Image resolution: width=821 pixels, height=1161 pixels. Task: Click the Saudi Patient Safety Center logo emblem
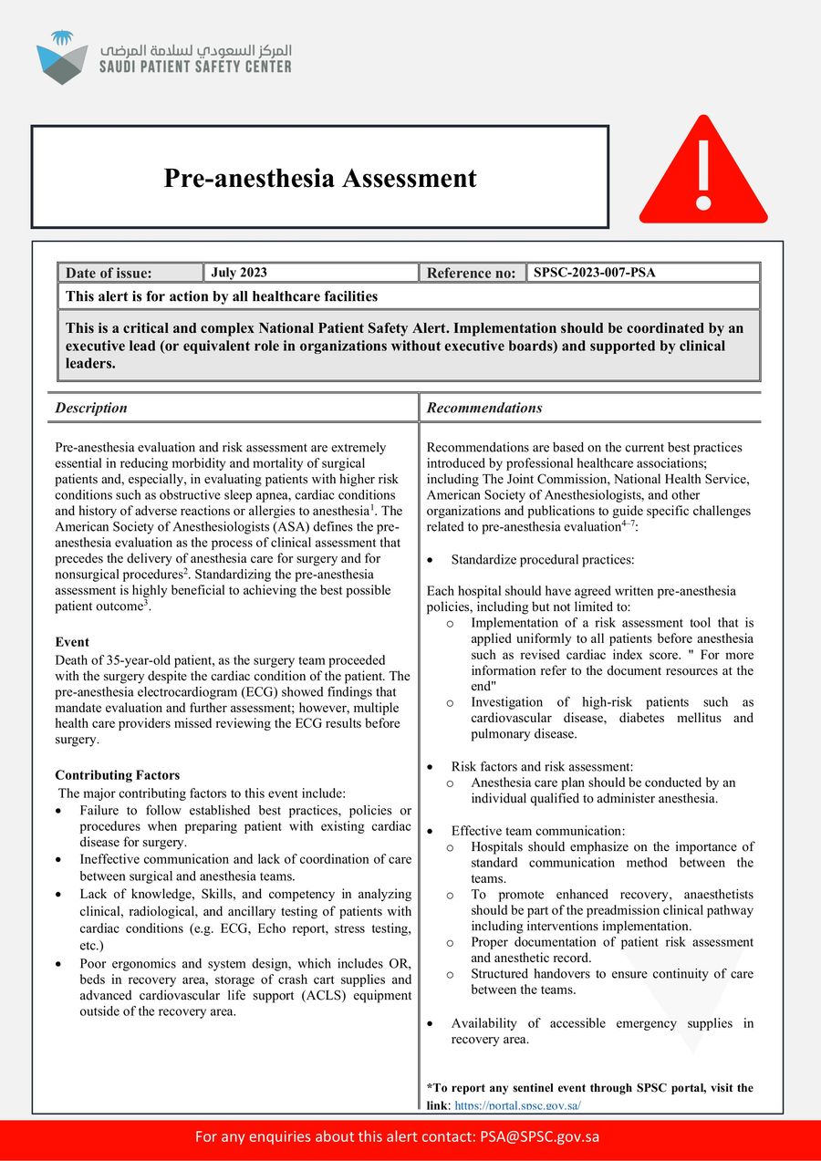pyautogui.click(x=62, y=57)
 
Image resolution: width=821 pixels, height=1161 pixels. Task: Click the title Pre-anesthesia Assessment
pyautogui.click(x=319, y=178)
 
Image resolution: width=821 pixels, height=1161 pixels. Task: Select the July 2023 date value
pyautogui.click(x=239, y=273)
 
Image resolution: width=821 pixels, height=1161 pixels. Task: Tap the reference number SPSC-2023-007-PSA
pyautogui.click(x=594, y=273)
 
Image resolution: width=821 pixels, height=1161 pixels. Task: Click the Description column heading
pyautogui.click(x=91, y=408)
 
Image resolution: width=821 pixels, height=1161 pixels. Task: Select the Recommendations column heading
pyautogui.click(x=484, y=408)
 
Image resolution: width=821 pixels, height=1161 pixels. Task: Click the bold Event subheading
pyautogui.click(x=72, y=642)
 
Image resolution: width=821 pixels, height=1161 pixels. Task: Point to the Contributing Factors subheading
pyautogui.click(x=117, y=775)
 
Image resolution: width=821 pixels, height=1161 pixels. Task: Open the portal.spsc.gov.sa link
pyautogui.click(x=517, y=1105)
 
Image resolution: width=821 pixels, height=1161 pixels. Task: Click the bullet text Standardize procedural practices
pyautogui.click(x=543, y=559)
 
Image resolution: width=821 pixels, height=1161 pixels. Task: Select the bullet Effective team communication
pyautogui.click(x=537, y=831)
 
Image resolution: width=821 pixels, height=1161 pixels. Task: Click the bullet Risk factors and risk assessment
pyautogui.click(x=542, y=766)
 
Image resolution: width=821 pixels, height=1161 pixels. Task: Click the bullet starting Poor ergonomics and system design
pyautogui.click(x=244, y=964)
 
